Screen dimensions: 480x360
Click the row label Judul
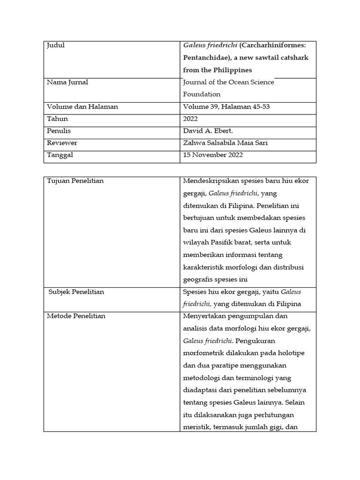(56, 45)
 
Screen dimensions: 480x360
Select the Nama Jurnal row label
(67, 82)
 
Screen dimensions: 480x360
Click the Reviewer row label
(62, 142)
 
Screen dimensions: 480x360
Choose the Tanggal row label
(60, 155)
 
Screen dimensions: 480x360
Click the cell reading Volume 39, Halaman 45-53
(226, 106)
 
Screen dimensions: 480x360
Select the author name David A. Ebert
(209, 131)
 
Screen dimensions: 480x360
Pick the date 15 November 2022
(213, 155)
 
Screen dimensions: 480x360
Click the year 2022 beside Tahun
(191, 119)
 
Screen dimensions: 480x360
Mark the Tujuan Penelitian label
(75, 181)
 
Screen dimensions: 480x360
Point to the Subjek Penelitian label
(76, 292)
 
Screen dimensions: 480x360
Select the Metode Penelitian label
(76, 316)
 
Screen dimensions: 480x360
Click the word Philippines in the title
(230, 70)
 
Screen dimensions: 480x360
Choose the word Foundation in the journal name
(202, 94)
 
